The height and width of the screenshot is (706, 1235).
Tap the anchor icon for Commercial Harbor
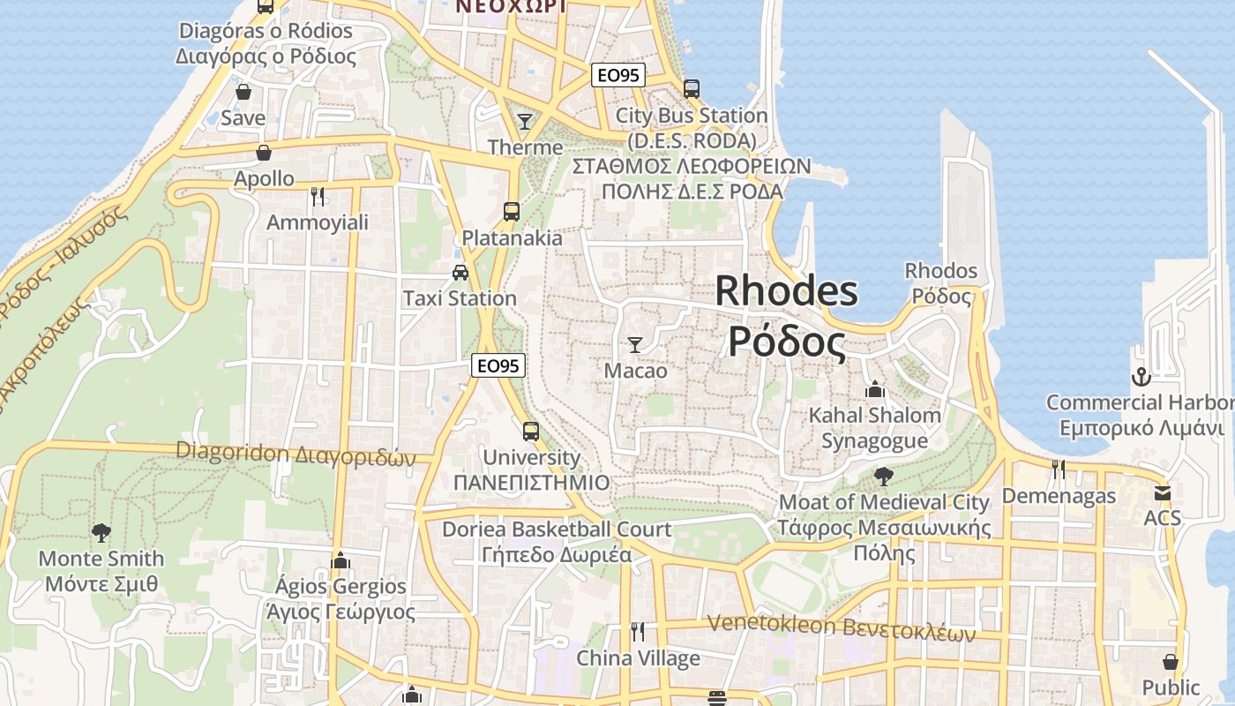1141,377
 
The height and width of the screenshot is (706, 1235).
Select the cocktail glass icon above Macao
635,344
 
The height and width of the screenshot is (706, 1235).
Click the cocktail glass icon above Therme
525,121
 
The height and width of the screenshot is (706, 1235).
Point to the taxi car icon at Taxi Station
460,272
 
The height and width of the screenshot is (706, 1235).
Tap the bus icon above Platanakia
512,211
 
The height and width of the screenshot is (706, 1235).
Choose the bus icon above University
531,431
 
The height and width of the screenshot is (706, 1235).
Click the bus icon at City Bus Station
692,88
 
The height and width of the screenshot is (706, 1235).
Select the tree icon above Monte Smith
101,532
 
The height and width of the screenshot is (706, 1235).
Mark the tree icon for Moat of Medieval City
883,477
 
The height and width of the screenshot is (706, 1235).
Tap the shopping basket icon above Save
243,92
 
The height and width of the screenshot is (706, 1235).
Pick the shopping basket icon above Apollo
264,153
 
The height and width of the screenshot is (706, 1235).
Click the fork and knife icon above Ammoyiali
318,196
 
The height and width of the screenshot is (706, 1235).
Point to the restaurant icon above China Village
638,632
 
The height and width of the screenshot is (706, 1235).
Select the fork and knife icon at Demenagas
1059,469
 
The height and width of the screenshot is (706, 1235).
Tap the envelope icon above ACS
1163,493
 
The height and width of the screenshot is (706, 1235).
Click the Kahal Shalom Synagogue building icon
875,388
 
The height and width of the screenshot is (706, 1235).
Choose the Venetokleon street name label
841,627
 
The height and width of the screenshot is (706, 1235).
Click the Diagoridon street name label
295,454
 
